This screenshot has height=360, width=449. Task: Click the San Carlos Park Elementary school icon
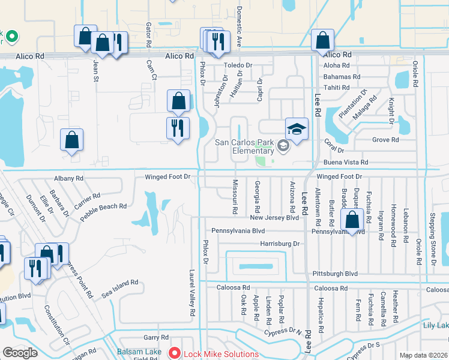coord(297,129)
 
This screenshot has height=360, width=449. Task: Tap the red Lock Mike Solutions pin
coord(175,354)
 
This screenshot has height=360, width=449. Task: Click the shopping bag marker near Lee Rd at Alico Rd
coord(323,41)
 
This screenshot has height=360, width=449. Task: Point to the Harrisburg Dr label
coord(280,244)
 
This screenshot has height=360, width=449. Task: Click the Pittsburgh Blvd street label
coord(335,274)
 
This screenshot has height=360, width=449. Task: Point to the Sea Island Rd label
coord(119,287)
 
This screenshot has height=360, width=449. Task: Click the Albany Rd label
coord(68,178)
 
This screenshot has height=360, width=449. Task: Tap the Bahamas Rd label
coord(342,77)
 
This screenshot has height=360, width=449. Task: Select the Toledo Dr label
coord(238,65)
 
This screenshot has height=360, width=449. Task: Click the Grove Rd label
coord(385,140)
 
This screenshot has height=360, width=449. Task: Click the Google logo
coord(20,353)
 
